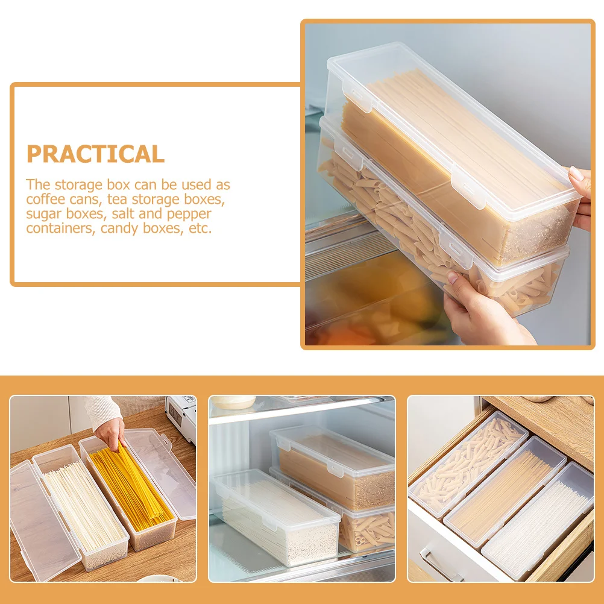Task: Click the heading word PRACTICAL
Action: click(x=95, y=154)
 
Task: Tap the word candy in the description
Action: click(x=118, y=228)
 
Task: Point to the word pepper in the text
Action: click(x=190, y=214)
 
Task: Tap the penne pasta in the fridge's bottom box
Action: click(x=368, y=530)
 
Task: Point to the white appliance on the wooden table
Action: click(x=181, y=416)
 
